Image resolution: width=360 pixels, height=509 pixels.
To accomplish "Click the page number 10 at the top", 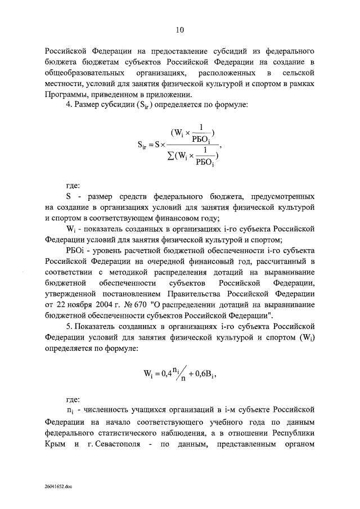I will click(x=180, y=29).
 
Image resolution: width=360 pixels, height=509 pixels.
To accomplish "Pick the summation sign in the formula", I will click(x=161, y=156).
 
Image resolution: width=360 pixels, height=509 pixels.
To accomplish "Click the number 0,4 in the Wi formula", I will click(x=162, y=375).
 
